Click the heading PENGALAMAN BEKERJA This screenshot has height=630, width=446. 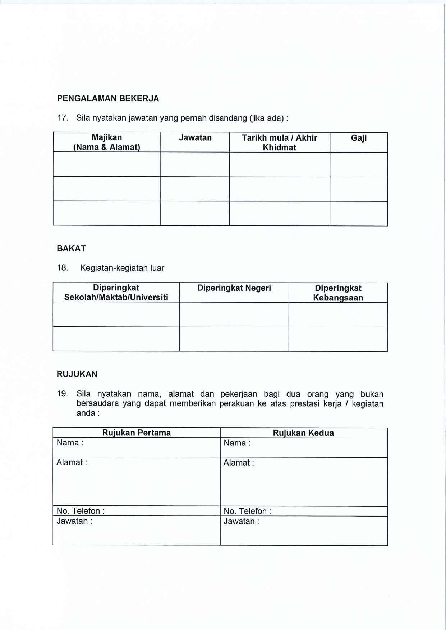108,98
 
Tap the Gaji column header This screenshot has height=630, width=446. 359,138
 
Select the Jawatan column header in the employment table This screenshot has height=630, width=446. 195,138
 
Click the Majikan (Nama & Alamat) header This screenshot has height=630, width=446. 107,142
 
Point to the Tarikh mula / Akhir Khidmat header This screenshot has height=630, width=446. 280,143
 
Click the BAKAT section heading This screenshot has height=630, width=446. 71,248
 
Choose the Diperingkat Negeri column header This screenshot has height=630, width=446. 234,288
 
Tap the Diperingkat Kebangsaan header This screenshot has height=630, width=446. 338,293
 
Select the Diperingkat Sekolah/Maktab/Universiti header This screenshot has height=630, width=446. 116,293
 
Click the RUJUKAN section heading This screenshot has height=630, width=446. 77,374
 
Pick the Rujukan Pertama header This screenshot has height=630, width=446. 137,433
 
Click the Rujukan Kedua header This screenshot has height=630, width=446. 303,433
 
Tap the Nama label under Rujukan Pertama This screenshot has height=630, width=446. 70,443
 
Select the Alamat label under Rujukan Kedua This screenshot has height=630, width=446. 239,463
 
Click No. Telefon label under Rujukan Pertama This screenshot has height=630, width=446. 81,511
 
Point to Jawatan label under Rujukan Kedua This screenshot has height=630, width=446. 241,521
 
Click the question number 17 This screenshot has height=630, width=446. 63,118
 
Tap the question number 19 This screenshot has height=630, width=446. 63,394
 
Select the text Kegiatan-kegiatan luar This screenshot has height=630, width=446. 122,268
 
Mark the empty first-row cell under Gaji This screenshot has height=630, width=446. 359,164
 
